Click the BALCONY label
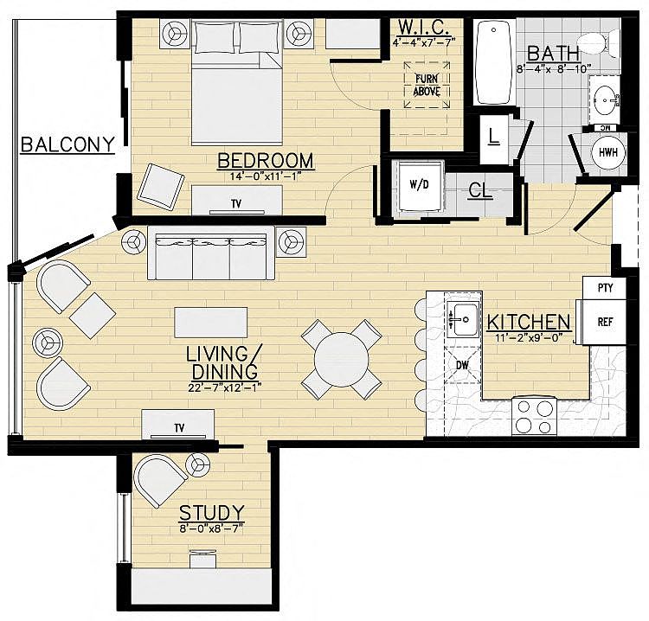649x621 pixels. (x=67, y=144)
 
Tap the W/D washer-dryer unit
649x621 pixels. (x=419, y=185)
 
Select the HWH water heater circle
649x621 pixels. (x=608, y=152)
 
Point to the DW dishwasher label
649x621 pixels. (x=462, y=365)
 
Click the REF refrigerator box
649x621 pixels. (x=604, y=322)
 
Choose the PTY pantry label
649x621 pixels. (x=605, y=287)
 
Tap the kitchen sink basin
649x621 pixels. (x=463, y=319)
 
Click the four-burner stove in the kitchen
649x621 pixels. (x=535, y=417)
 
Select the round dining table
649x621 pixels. (x=342, y=360)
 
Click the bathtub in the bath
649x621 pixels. (x=493, y=62)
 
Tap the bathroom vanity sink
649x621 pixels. (x=606, y=100)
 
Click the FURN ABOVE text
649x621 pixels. (x=427, y=86)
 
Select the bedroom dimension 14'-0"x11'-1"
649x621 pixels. (x=265, y=176)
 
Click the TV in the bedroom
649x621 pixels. (x=237, y=201)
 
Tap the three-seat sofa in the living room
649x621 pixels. (x=211, y=253)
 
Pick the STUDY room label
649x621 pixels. (x=211, y=514)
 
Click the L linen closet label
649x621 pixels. (x=493, y=136)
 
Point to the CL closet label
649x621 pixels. (x=480, y=191)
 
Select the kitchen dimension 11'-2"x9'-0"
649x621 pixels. (x=528, y=338)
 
